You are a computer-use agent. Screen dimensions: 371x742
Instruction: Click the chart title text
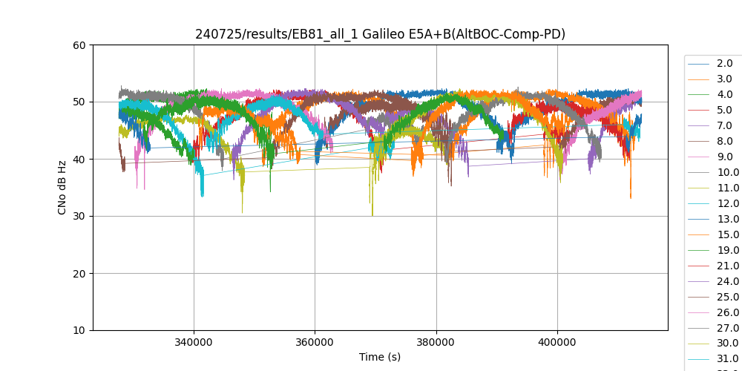pyautogui.click(x=380, y=34)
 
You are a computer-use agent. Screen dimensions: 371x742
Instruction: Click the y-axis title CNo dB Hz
pyautogui.click(x=62, y=188)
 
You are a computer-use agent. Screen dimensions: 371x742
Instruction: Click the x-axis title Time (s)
pyautogui.click(x=380, y=357)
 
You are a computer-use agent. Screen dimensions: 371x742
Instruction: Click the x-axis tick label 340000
pyautogui.click(x=194, y=343)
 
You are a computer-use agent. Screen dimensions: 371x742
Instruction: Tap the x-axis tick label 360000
pyautogui.click(x=315, y=343)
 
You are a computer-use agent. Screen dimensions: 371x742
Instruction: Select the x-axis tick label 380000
pyautogui.click(x=436, y=343)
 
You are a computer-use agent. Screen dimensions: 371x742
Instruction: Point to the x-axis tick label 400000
pyautogui.click(x=557, y=343)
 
